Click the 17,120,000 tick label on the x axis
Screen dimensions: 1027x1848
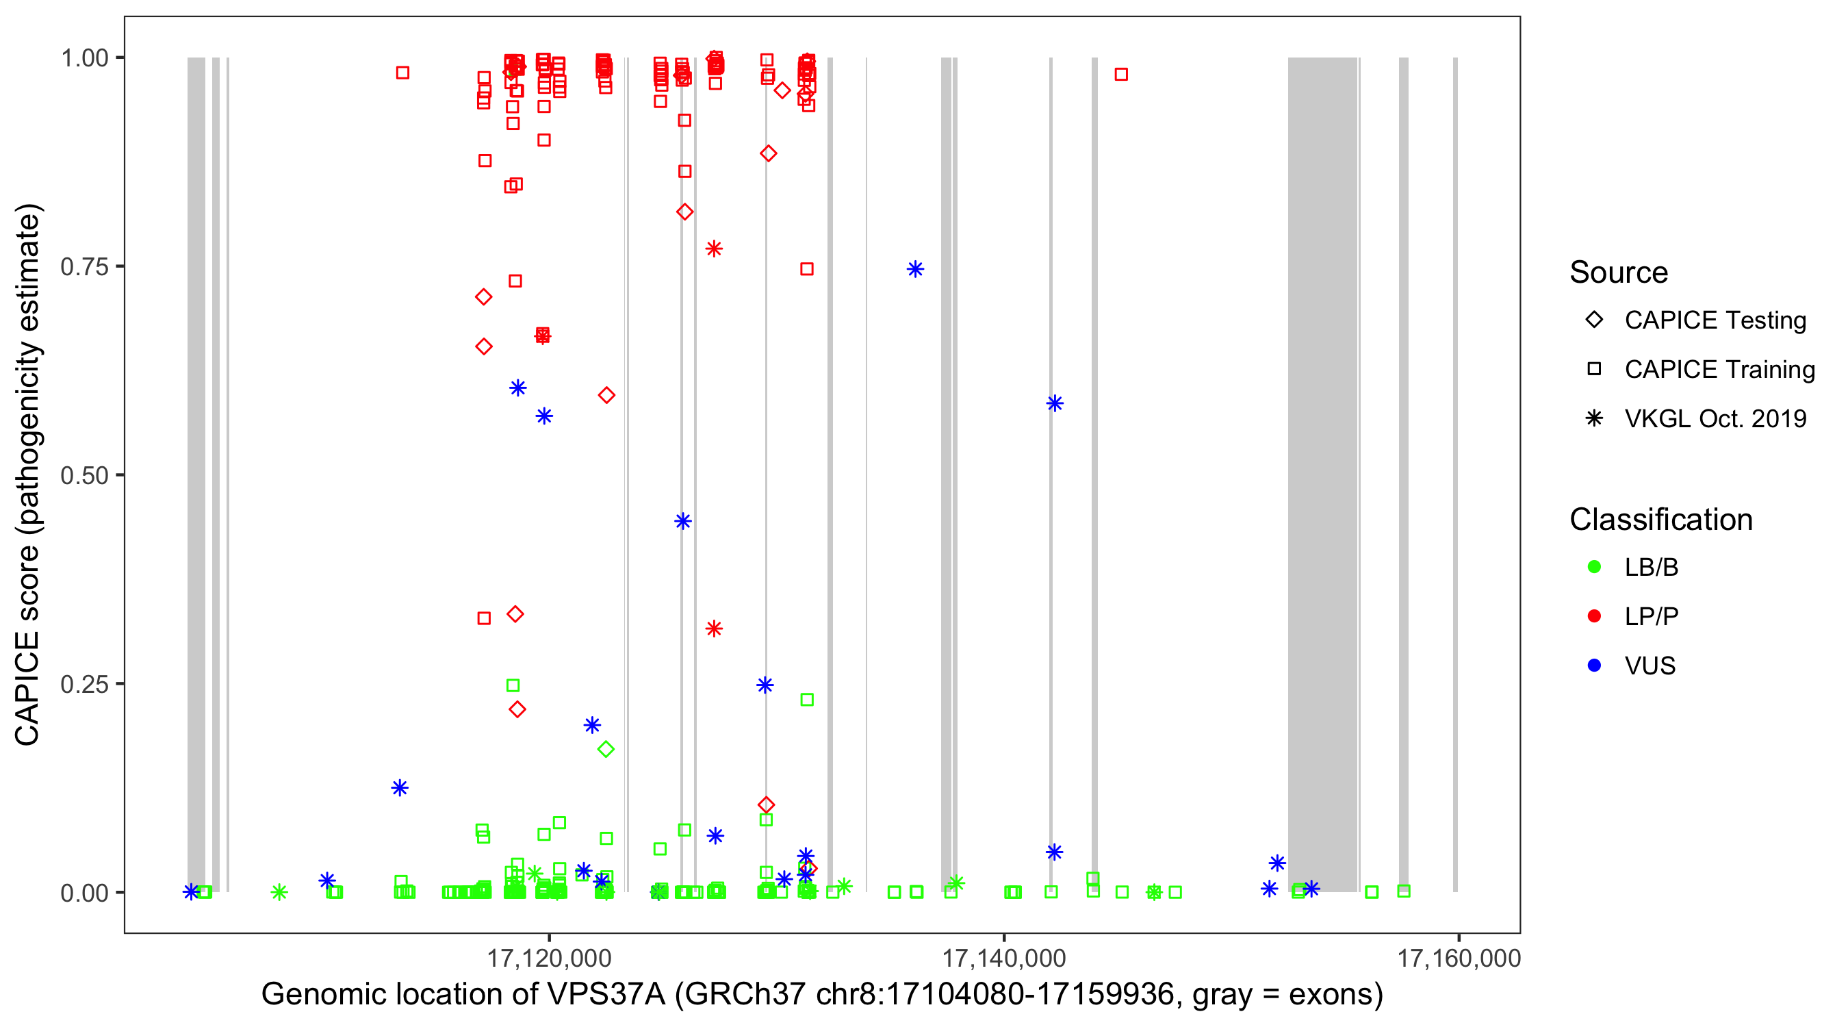click(549, 958)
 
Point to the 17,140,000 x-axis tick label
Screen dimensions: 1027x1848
click(1003, 958)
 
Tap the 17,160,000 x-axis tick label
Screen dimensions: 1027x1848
click(1459, 958)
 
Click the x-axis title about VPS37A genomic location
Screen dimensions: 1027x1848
click(821, 995)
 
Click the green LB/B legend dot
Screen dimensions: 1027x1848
click(1594, 567)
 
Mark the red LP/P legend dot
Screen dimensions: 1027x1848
click(1594, 616)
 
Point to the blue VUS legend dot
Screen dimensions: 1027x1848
click(1594, 665)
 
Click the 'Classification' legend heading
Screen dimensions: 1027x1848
click(1660, 520)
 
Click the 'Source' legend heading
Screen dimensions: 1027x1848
click(1619, 272)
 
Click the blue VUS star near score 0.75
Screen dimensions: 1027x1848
click(914, 269)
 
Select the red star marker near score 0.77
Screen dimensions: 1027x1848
click(714, 249)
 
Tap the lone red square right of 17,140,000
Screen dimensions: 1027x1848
click(1121, 75)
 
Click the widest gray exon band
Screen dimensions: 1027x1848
click(1322, 474)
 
